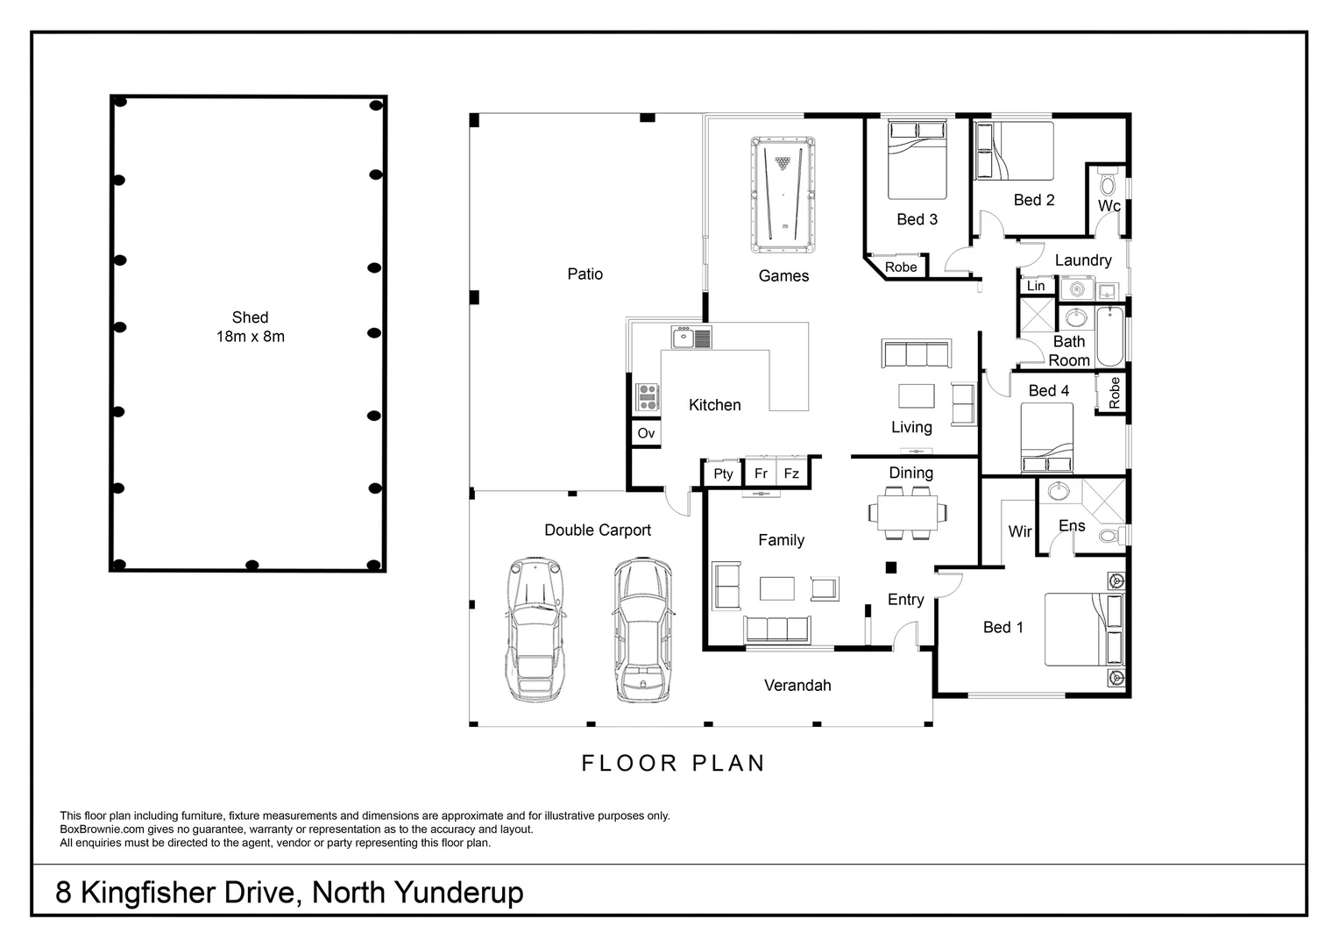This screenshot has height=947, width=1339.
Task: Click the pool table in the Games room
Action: coord(783,195)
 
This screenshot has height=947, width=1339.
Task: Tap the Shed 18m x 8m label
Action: coord(251,327)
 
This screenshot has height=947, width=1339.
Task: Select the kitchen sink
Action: coord(691,337)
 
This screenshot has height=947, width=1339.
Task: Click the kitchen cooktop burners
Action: coord(647,397)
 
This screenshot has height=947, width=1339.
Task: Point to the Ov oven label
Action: coord(646,433)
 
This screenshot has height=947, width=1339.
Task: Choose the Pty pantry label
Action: coord(723,473)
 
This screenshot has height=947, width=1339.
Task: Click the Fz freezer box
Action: coord(792,473)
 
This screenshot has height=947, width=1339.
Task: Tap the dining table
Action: coord(907,513)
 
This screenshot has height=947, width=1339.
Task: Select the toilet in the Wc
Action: coord(1109,182)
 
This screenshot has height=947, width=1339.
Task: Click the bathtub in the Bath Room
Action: coord(1110,336)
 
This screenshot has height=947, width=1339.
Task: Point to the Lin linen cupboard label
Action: coord(1036,286)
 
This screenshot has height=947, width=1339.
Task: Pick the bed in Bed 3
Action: coord(917,160)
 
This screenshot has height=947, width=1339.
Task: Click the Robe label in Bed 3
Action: coord(901,267)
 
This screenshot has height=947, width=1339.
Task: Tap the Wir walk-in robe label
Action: coord(1020,531)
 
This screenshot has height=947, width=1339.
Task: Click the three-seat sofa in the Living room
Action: coord(917,353)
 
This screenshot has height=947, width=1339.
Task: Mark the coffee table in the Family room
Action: coord(777,588)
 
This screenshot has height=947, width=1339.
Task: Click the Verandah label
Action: coord(797,686)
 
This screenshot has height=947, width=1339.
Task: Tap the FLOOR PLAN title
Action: coord(673,764)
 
